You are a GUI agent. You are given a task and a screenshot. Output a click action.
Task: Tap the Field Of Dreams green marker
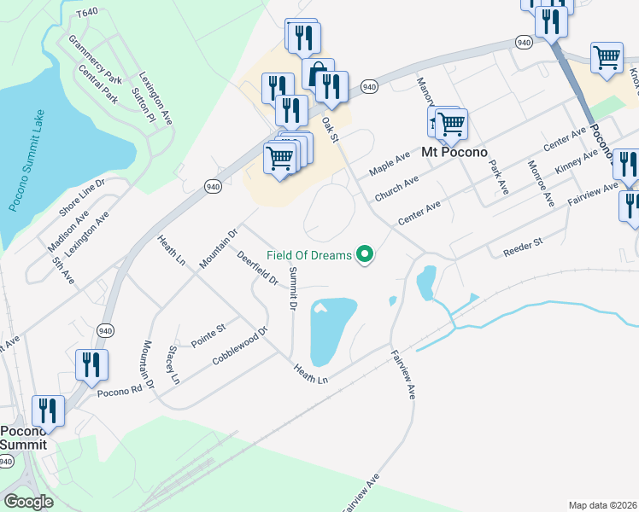click(x=366, y=254)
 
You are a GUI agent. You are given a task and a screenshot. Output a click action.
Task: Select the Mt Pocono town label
click(x=454, y=153)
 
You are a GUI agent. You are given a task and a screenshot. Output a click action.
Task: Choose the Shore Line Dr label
click(x=81, y=199)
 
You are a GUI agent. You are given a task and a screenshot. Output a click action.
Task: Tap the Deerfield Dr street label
click(x=258, y=267)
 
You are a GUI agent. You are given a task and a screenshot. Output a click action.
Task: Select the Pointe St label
click(x=208, y=335)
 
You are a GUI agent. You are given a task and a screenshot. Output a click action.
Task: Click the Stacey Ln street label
click(x=174, y=364)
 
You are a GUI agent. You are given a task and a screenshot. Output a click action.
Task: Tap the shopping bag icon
click(x=318, y=73)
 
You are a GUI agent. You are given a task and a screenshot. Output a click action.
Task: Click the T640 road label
click(x=86, y=14)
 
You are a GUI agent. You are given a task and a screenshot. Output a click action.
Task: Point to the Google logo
click(x=28, y=502)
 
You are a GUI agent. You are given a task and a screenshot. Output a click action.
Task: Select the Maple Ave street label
click(x=390, y=162)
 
